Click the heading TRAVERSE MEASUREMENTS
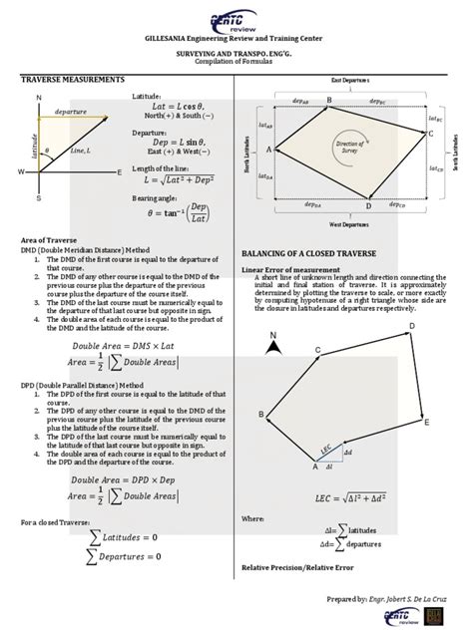pos(73,78)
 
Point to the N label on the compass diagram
pos(38,97)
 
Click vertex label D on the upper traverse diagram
pos(368,206)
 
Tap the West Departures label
pos(345,225)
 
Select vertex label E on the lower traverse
pos(427,423)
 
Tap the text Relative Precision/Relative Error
pos(297,567)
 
